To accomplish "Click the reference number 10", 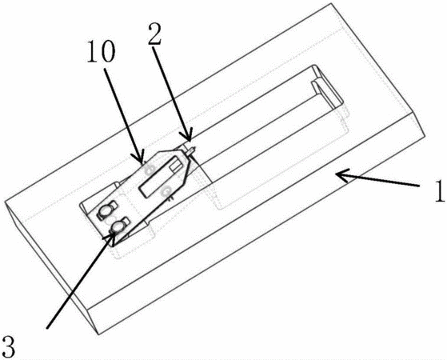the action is coord(102,52).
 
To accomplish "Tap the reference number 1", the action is coord(439,191).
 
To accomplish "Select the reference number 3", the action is coord(8,347).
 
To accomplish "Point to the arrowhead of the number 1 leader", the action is coord(341,174).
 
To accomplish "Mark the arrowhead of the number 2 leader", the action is coord(187,138).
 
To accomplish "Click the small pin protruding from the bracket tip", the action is coord(191,150).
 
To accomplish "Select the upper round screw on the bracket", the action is coord(105,211).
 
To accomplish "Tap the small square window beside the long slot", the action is coord(174,166).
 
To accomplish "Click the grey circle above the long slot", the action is coord(149,170).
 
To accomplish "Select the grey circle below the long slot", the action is coord(166,191).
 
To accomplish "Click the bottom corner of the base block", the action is coord(98,334).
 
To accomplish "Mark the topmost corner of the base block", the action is coord(331,3).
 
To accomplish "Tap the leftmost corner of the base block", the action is coord(5,202).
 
